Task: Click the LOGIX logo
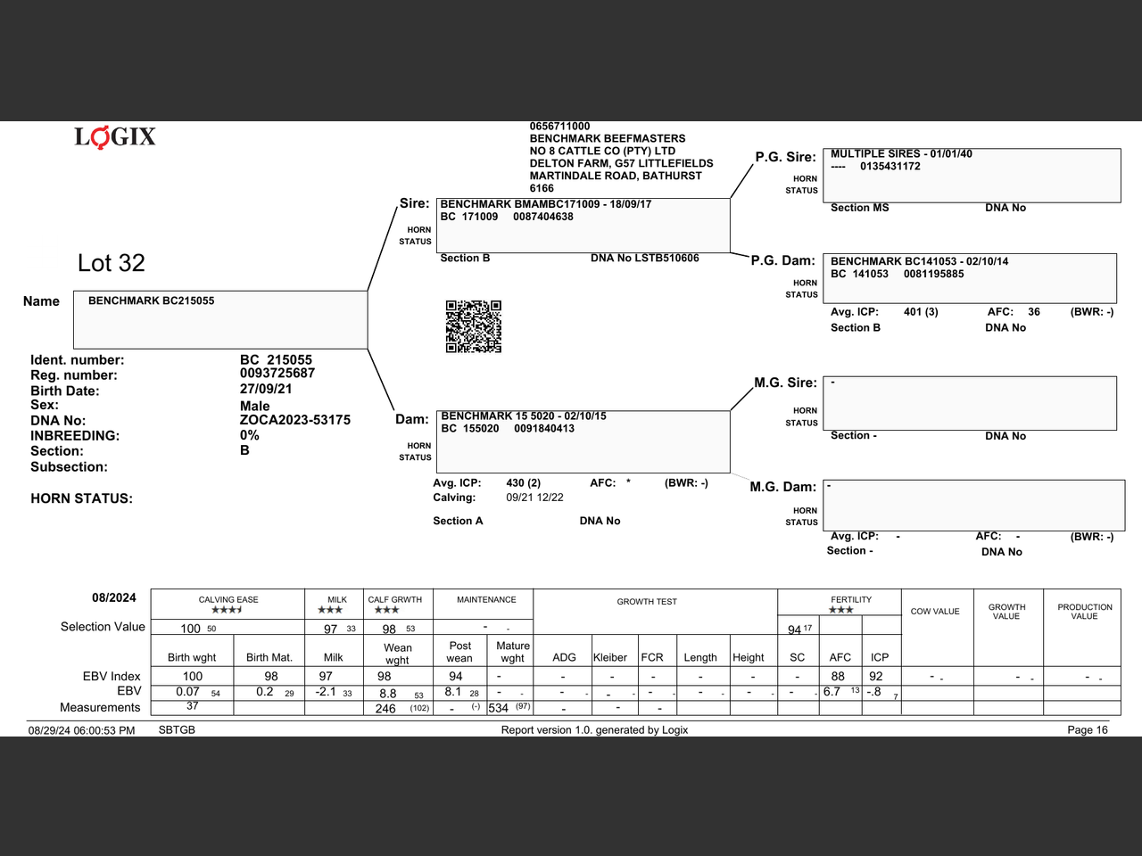point(115,136)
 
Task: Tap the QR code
point(473,326)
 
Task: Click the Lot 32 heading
point(112,263)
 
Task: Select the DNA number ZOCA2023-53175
point(294,420)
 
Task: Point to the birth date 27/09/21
point(266,389)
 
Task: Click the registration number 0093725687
point(277,374)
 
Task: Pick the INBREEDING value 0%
point(250,435)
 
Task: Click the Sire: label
point(414,203)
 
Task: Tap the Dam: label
point(412,419)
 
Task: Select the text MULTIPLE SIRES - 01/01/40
point(901,154)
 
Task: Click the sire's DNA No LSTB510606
point(644,259)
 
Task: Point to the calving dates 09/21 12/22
point(534,498)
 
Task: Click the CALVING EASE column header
point(228,600)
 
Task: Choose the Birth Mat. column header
point(269,658)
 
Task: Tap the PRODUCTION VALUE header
point(1084,612)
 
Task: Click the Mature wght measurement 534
point(498,708)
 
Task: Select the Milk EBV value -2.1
point(326,692)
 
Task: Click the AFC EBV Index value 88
point(838,677)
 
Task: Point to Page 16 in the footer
point(1087,730)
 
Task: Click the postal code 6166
point(542,188)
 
